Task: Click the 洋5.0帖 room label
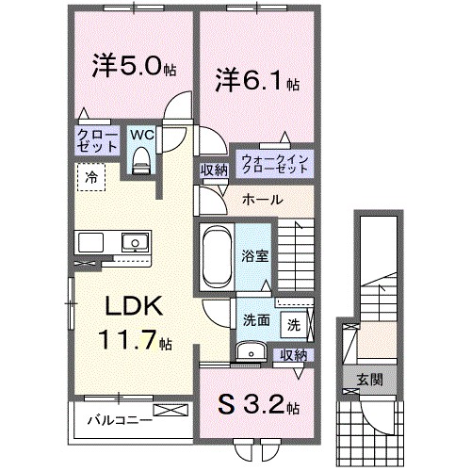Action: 132,69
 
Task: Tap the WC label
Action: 141,134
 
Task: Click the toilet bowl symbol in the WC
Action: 141,160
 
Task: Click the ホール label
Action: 261,200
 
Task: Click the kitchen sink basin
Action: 134,243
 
